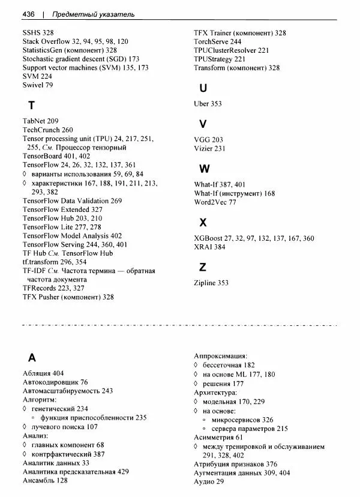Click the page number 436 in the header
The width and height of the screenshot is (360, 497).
pyautogui.click(x=29, y=13)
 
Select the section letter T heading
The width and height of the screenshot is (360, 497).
pyautogui.click(x=31, y=106)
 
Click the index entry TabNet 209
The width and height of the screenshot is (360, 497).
pyautogui.click(x=41, y=121)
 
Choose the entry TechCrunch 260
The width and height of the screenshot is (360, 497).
pyautogui.click(x=48, y=130)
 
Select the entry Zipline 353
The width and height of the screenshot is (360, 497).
pyautogui.click(x=211, y=283)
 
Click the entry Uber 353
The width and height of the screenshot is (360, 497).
pyautogui.click(x=208, y=104)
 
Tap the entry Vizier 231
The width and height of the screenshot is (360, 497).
pyautogui.click(x=209, y=148)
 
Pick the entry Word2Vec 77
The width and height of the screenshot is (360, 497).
pyautogui.click(x=215, y=202)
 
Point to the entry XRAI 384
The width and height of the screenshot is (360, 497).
pyautogui.click(x=210, y=247)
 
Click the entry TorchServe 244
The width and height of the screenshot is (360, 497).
pyautogui.click(x=218, y=42)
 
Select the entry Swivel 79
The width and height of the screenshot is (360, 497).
pyautogui.click(x=38, y=86)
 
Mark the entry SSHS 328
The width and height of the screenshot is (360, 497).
pyautogui.click(x=38, y=32)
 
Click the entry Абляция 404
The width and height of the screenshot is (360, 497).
pyautogui.click(x=43, y=373)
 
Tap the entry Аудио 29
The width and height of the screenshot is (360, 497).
pyautogui.click(x=209, y=482)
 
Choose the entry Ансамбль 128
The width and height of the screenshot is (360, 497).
pyautogui.click(x=45, y=481)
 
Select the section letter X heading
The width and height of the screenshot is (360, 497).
pyautogui.click(x=203, y=223)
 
